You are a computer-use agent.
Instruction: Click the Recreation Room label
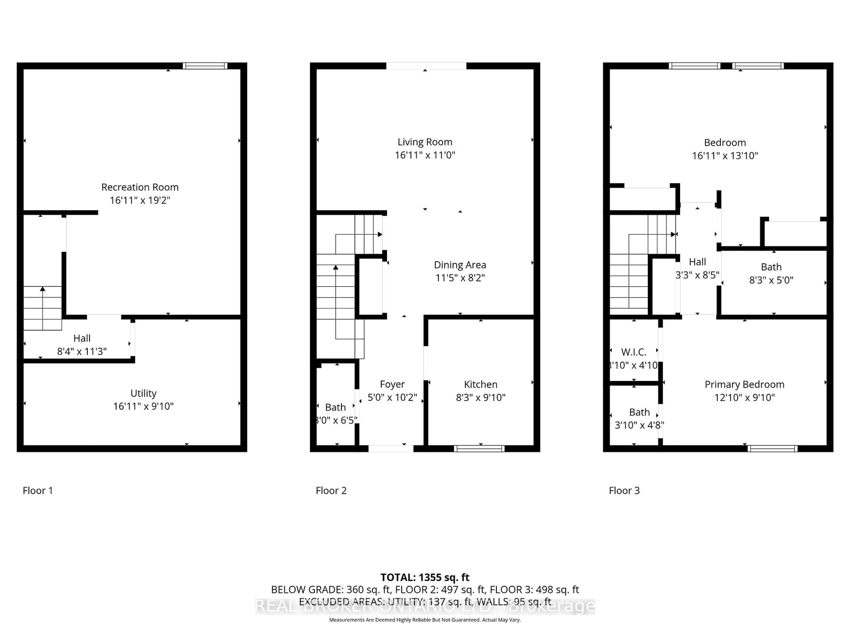tap(140, 187)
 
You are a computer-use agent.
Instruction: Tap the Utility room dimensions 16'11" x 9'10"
tap(143, 406)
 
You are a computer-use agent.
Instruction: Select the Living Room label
tap(425, 142)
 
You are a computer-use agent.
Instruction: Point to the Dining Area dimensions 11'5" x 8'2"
tap(460, 278)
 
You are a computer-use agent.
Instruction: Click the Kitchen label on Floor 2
tap(480, 384)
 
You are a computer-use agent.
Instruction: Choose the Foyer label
tap(392, 384)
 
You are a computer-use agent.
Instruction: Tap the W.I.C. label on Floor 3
tap(634, 352)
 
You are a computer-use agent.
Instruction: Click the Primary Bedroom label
tap(744, 384)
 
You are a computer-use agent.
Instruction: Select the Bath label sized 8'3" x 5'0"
tap(771, 267)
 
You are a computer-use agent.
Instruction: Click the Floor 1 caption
tap(38, 491)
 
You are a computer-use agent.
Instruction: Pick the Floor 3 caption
tap(624, 491)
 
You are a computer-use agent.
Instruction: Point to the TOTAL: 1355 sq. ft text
tap(425, 578)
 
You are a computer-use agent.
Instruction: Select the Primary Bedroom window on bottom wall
tap(772, 449)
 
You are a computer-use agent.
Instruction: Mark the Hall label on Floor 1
tap(82, 338)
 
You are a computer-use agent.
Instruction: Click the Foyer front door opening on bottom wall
tap(391, 449)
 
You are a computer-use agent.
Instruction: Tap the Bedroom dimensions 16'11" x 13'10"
tap(725, 156)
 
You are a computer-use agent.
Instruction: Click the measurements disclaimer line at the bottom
tap(425, 620)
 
